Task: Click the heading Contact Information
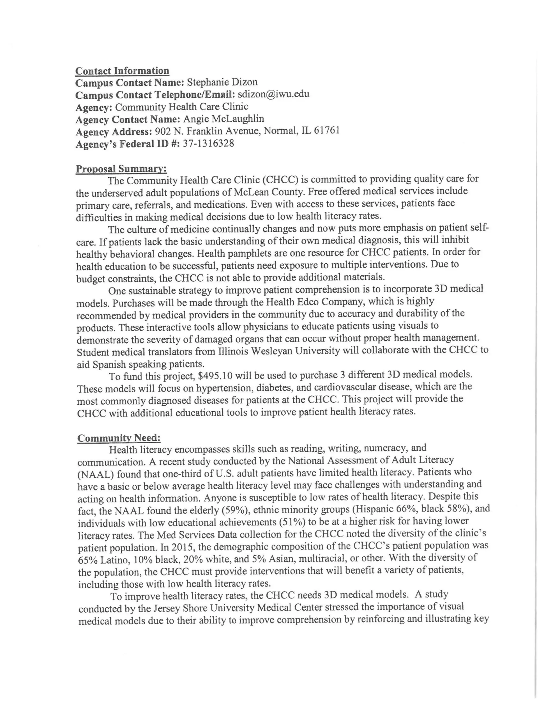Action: coord(122,71)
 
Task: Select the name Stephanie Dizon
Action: coord(222,82)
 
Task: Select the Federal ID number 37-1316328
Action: coord(208,143)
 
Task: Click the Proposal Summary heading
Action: coord(121,169)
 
